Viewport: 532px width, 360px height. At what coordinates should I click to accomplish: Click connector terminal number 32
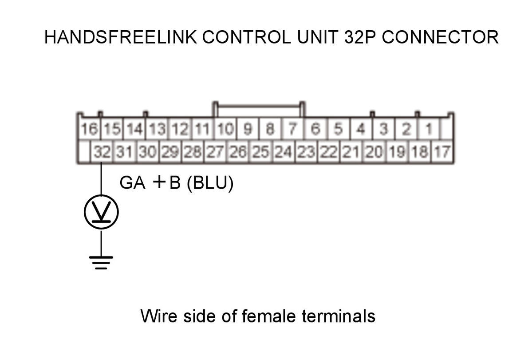coord(102,152)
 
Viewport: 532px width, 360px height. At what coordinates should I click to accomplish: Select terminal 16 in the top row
coord(89,129)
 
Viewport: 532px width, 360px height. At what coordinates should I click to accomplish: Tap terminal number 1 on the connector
coord(429,129)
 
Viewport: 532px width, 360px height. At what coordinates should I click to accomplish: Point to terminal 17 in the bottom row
coord(442,152)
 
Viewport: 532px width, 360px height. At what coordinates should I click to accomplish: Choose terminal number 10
coord(225,129)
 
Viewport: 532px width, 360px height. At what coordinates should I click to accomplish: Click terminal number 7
coord(293,129)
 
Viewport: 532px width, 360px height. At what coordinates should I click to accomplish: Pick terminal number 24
coord(283,152)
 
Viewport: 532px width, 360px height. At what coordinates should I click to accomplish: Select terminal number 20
coord(374,152)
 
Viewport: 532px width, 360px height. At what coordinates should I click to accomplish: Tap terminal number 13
coord(157,129)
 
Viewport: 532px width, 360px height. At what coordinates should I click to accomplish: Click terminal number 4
coord(361,129)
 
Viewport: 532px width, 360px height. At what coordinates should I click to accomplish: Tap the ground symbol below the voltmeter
coord(101,263)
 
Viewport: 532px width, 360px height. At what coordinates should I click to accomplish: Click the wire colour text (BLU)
coord(210,183)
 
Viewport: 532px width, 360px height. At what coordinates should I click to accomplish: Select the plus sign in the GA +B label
coord(159,182)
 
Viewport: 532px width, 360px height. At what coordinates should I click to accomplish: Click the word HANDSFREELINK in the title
coord(121,37)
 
